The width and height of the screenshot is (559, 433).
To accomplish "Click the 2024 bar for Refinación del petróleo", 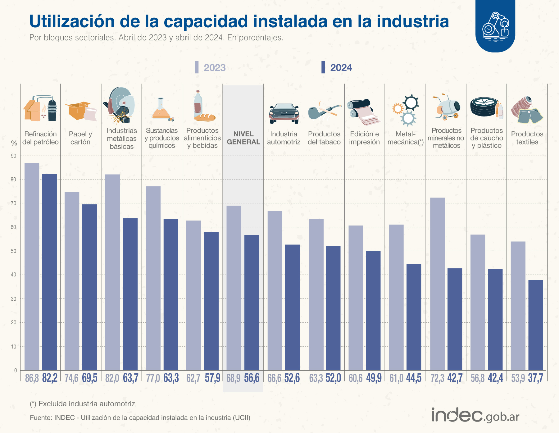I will (x=50, y=272).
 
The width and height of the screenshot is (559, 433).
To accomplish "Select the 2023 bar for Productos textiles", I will (x=518, y=306).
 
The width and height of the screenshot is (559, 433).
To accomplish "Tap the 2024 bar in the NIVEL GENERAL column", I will (x=252, y=303).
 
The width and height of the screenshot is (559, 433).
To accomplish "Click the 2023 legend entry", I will (x=211, y=68).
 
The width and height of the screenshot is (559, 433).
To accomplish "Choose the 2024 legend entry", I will (x=337, y=68).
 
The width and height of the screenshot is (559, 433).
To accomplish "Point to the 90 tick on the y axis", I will (x=14, y=156).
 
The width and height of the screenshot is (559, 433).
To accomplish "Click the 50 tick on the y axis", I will (x=14, y=251).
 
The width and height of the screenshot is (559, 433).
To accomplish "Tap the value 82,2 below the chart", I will (x=50, y=378).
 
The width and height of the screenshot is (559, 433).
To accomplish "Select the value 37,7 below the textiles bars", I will (x=535, y=378).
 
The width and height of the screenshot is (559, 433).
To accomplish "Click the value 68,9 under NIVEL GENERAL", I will (x=233, y=378).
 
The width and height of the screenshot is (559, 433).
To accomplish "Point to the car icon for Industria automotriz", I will (x=284, y=113).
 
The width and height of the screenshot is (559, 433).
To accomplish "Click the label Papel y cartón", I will (x=80, y=138).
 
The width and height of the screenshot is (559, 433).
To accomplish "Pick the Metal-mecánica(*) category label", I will (x=405, y=138).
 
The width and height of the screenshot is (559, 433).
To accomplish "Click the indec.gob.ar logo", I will (x=475, y=415).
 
